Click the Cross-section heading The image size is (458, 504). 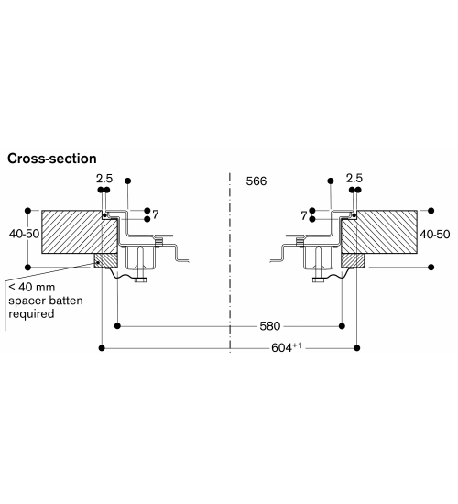coord(52,159)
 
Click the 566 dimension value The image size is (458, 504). coord(256,181)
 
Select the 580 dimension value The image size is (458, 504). coord(270,326)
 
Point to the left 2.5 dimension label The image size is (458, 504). coord(104,179)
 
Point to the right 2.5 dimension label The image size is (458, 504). coord(354,178)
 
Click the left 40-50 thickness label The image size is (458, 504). coord(24,234)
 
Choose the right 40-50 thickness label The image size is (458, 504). coord(435,235)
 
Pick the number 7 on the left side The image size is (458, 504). coord(156,214)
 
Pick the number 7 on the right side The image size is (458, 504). coord(304,215)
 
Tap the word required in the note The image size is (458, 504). coord(31,314)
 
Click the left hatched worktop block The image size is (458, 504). coord(80,232)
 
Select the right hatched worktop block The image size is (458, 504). coord(379,232)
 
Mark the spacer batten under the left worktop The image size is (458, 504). coord(105,260)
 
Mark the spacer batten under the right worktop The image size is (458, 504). coord(353,260)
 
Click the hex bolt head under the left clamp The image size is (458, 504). coord(140,280)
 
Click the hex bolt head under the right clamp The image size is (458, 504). coord(318,280)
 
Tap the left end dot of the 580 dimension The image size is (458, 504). coord(117,326)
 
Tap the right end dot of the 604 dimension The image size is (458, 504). coord(356,348)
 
